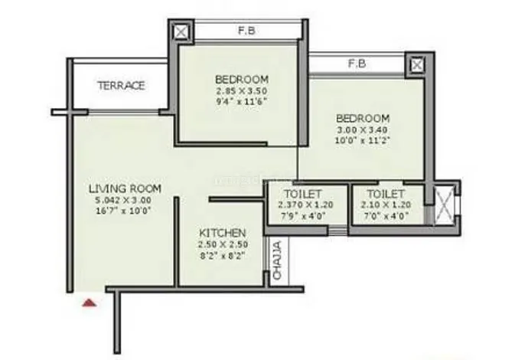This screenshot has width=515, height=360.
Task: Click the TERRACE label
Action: [121, 86]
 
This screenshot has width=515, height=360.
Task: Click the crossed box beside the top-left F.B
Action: [181, 32]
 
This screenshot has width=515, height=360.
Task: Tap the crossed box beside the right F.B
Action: [416, 64]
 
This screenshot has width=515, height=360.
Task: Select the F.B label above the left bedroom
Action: [246, 31]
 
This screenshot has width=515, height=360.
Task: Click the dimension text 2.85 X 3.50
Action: [241, 91]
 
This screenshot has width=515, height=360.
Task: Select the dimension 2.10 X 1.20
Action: [386, 205]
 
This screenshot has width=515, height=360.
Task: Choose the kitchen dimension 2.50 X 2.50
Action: [222, 244]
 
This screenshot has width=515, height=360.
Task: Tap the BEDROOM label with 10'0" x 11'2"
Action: [363, 119]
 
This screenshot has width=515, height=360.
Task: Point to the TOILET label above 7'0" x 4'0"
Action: [386, 194]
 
